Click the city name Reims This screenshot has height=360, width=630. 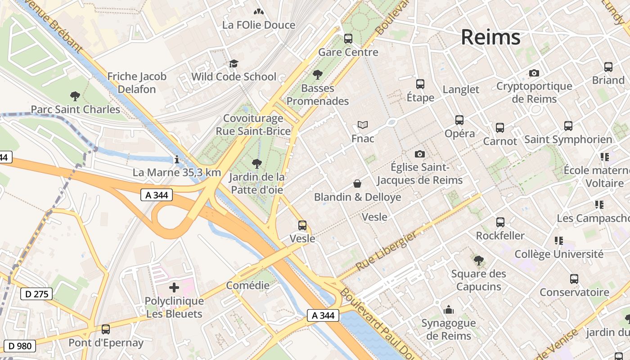tap(490, 37)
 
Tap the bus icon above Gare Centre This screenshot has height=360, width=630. tap(348, 39)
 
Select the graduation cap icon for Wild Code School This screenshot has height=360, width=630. tap(234, 64)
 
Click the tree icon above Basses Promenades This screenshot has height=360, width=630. tap(318, 75)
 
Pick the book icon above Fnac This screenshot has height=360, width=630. tap(363, 125)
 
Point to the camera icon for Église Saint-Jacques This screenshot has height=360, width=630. tap(419, 154)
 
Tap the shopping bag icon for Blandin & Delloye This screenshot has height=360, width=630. tap(357, 184)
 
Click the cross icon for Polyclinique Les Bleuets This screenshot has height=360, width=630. tap(174, 288)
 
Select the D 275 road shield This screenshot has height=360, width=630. tap(36, 294)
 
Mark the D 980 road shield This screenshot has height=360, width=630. tap(20, 346)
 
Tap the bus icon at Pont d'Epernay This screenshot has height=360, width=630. tap(106, 329)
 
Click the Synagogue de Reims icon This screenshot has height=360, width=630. tap(449, 310)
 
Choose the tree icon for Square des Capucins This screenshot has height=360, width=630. tap(479, 260)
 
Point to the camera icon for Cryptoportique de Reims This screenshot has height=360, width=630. tap(534, 73)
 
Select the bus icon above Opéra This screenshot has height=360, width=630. tap(459, 120)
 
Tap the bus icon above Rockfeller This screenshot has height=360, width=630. tap(500, 222)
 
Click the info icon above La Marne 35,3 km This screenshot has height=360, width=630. tap(177, 159)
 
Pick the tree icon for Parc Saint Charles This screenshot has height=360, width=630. tap(75, 96)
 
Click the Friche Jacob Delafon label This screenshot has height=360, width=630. tap(137, 83)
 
